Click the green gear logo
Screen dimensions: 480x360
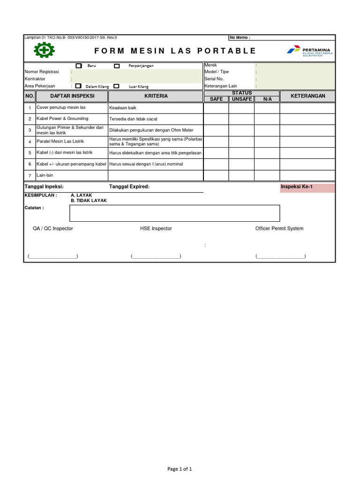44,50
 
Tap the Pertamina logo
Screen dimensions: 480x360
309,51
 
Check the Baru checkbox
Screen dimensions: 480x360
79,66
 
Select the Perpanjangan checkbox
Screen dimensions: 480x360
117,66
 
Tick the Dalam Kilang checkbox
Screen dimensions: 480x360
78,86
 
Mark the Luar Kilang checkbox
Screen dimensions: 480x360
117,86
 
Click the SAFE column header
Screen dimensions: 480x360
216,99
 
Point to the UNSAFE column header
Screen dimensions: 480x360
241,99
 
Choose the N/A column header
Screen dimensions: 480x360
267,99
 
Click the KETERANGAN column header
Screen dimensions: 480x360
307,96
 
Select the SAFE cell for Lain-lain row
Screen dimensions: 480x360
216,175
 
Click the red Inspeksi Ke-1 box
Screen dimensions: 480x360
307,187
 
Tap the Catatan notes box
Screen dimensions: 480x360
174,213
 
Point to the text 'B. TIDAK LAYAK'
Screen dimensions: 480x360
89,201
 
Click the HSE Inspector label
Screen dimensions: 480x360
156,228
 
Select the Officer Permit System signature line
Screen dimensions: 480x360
280,256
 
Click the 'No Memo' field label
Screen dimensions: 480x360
240,37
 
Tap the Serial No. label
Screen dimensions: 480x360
214,79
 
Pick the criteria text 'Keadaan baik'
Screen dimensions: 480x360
122,108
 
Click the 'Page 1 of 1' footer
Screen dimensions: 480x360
180,469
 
